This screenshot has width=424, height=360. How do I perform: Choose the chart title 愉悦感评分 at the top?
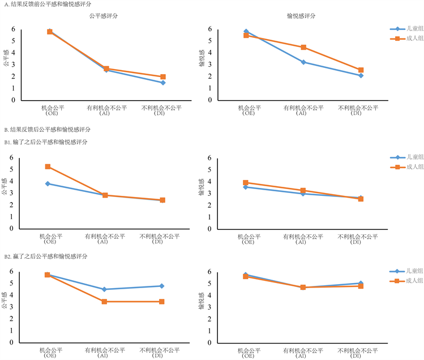(x=301, y=16)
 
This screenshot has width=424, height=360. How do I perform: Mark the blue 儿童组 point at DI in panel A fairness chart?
(x=162, y=83)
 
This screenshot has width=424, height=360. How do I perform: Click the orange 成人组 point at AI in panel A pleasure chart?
(x=303, y=48)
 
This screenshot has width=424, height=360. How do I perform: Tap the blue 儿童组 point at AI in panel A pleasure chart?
(x=303, y=62)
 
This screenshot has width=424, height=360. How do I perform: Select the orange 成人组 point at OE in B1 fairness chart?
(x=48, y=166)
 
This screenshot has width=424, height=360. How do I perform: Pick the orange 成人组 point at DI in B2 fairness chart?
(x=161, y=302)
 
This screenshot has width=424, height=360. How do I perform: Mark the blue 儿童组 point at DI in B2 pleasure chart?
(x=360, y=283)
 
